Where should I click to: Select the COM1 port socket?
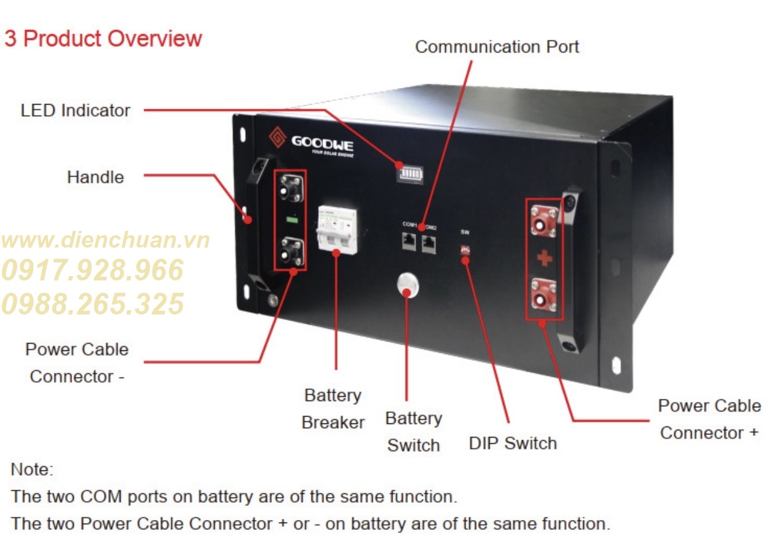coord(409,241)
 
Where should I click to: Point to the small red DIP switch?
coord(464,251)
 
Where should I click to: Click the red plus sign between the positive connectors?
coord(544,258)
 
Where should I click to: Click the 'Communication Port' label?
coord(497,47)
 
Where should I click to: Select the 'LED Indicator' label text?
coord(76,111)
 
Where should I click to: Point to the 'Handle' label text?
coord(95,177)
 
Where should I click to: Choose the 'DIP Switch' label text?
coord(513,443)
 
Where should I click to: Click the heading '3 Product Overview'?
coord(103,38)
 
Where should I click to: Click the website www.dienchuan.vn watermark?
coord(105,240)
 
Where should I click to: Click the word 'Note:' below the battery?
coord(32,469)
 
